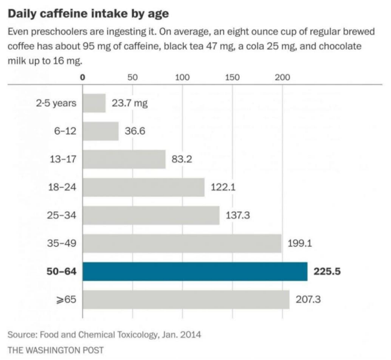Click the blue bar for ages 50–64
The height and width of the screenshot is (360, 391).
pyautogui.click(x=195, y=272)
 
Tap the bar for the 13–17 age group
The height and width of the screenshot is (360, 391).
pyautogui.click(x=124, y=159)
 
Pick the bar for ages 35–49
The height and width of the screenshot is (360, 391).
pyautogui.click(x=182, y=243)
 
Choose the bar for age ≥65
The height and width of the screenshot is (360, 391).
pyautogui.click(x=186, y=300)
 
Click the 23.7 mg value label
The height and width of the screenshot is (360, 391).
pyautogui.click(x=129, y=103)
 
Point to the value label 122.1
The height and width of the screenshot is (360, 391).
pyautogui.click(x=224, y=187)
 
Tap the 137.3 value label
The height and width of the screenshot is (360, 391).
pyautogui.click(x=238, y=216)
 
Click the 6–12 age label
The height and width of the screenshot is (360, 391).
pyautogui.click(x=65, y=131)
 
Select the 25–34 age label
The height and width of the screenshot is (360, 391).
pyautogui.click(x=63, y=216)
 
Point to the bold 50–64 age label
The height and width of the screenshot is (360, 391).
pyautogui.click(x=61, y=272)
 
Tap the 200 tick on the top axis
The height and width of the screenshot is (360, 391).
pyautogui.click(x=282, y=78)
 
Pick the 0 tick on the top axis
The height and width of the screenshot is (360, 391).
pyautogui.click(x=83, y=78)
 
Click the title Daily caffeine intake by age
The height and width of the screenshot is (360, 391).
pyautogui.click(x=80, y=13)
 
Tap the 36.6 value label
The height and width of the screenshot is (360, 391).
pyautogui.click(x=134, y=131)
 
